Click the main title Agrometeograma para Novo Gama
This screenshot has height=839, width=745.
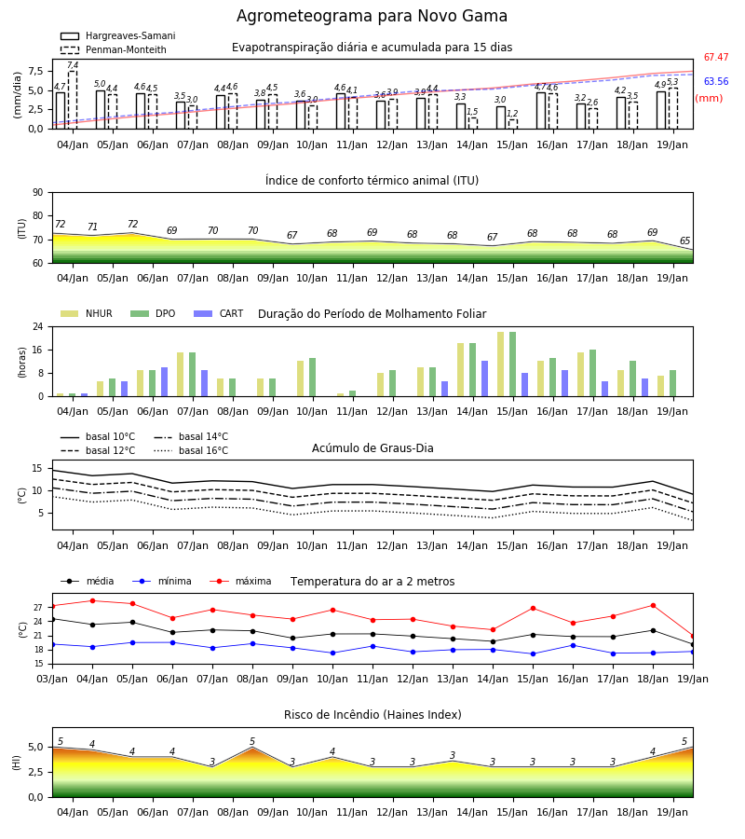tap(372, 16)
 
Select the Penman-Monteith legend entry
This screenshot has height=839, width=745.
tap(114, 49)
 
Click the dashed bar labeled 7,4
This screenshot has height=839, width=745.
tap(73, 100)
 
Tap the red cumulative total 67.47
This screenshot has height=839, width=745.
tap(716, 57)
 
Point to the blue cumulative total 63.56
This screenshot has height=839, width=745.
tap(716, 81)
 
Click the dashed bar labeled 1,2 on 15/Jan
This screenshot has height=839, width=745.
tap(513, 124)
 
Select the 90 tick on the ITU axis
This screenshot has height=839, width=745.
tap(38, 193)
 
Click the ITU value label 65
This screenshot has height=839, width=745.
tap(685, 241)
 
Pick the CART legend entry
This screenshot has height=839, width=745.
tap(219, 313)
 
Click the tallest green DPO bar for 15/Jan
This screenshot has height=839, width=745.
tap(512, 364)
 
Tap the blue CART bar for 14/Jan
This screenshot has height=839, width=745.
tap(485, 378)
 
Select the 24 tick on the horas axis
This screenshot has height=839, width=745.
tap(38, 326)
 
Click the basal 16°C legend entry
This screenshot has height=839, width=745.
tap(191, 450)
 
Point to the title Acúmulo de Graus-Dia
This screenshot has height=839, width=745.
tap(372, 447)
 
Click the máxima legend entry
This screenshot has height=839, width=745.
tap(241, 581)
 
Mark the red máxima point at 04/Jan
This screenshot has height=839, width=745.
tap(92, 601)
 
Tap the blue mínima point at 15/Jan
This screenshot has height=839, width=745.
tap(533, 653)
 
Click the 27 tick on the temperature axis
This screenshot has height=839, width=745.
tap(38, 607)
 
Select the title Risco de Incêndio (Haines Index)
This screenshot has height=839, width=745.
tap(372, 715)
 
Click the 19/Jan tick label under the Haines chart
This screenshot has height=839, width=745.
tap(672, 812)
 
